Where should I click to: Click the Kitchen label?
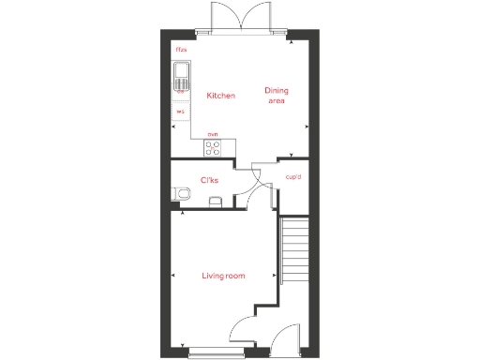[220, 96]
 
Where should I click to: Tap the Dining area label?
[276, 95]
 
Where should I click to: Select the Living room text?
[223, 276]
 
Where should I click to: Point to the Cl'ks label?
[210, 180]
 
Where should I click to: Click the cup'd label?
[292, 176]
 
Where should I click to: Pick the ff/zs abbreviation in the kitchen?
[180, 49]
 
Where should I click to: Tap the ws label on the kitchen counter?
[180, 112]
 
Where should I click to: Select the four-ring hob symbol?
[213, 148]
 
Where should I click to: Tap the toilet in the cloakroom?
[182, 194]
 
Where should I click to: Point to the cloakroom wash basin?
[216, 199]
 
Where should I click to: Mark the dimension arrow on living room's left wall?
[174, 276]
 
